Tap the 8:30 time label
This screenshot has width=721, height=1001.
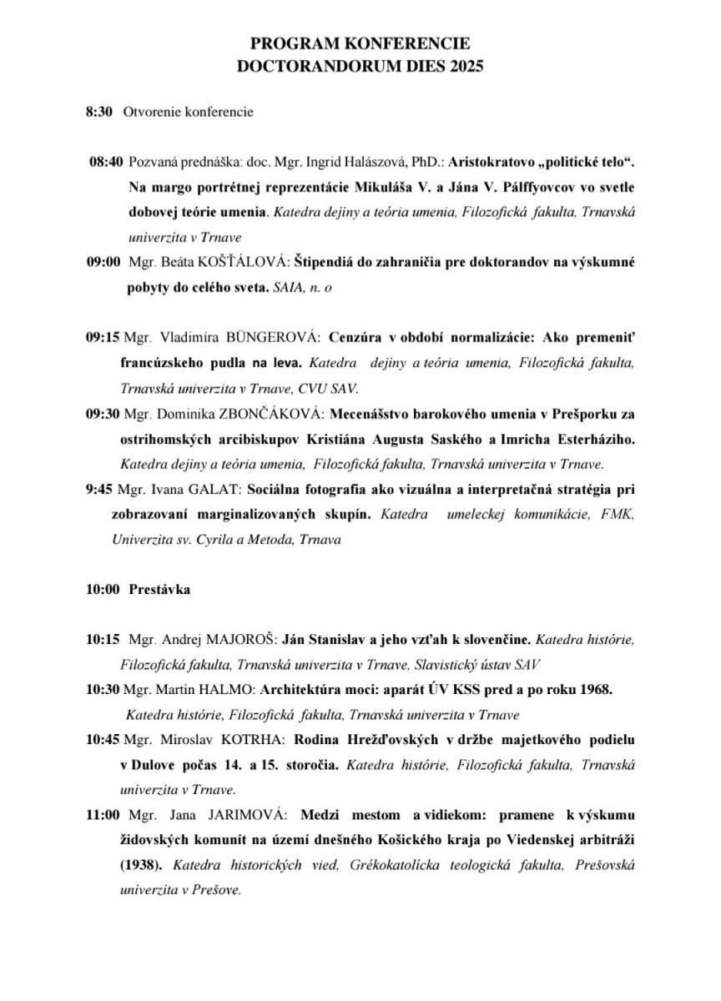[x=98, y=112]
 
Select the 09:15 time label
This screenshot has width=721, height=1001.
[x=103, y=338]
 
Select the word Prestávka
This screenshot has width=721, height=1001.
[x=159, y=590]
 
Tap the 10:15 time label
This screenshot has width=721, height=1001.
[x=103, y=641]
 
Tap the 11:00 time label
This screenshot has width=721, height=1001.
[x=103, y=813]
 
